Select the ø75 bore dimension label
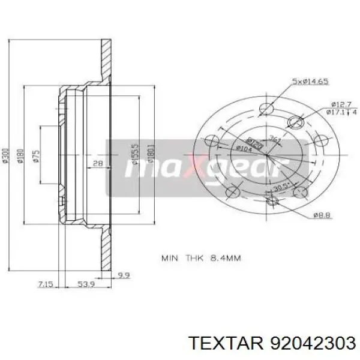tap(37, 157)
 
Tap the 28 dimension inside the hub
tap(97, 163)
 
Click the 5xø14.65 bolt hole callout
tap(310, 81)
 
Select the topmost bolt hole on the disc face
tap(266, 108)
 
